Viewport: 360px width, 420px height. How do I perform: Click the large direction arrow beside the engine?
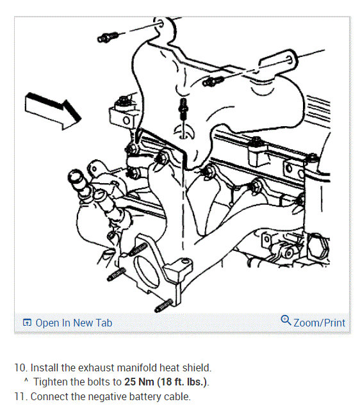click(x=53, y=111)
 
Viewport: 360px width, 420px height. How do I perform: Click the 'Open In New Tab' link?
click(x=74, y=323)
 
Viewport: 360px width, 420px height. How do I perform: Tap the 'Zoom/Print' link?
click(x=319, y=323)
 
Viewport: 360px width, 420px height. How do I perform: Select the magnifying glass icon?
click(x=286, y=320)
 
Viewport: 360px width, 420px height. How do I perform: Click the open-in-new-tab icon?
click(x=27, y=323)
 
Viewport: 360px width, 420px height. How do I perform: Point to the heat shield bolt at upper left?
click(x=108, y=36)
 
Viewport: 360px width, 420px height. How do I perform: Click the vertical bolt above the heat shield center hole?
click(x=183, y=108)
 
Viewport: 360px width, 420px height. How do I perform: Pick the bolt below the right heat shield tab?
click(x=213, y=81)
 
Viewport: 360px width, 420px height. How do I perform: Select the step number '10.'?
click(x=21, y=367)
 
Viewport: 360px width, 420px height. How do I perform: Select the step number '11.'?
click(x=21, y=396)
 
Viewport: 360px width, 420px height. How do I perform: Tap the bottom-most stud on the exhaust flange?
click(x=164, y=305)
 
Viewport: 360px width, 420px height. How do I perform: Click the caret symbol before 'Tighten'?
click(x=26, y=380)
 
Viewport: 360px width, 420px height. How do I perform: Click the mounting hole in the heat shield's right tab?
click(x=290, y=59)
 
